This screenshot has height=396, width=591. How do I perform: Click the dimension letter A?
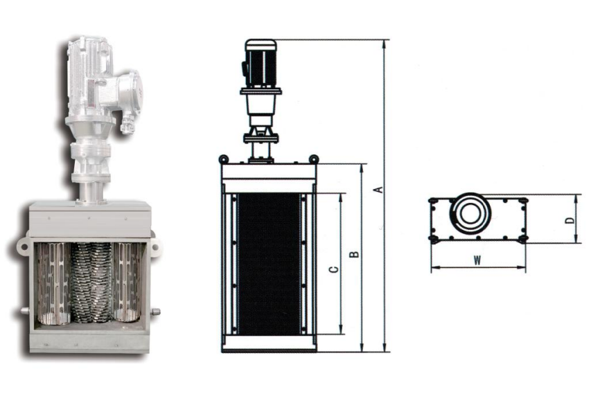[x=380, y=190]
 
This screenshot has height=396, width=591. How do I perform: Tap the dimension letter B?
[x=354, y=254]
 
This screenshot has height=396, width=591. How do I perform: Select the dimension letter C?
[x=333, y=269]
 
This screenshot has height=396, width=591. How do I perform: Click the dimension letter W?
[x=477, y=260]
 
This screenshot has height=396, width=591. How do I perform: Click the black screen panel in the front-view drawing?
[x=269, y=264]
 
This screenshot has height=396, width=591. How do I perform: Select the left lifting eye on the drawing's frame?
[x=223, y=159]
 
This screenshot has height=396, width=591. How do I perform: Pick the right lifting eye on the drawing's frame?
[x=314, y=159]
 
